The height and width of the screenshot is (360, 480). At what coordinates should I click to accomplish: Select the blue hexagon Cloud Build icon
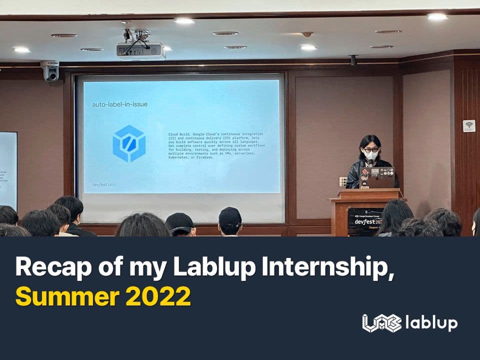click(x=129, y=143)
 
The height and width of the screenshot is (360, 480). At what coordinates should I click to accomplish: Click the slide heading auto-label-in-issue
click(x=119, y=104)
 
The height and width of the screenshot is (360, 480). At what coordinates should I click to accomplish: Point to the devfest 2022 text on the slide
click(x=103, y=184)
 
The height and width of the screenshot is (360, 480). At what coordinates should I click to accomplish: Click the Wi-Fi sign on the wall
click(x=469, y=125)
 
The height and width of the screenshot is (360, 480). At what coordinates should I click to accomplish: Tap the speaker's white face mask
click(x=370, y=155)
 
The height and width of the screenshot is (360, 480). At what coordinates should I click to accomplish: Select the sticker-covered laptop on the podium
click(x=376, y=177)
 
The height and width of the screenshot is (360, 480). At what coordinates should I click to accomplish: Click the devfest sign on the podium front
click(x=365, y=221)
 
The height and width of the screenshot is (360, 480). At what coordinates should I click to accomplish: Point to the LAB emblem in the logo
click(x=381, y=323)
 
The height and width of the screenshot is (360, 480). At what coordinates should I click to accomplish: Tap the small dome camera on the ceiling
click(x=307, y=34)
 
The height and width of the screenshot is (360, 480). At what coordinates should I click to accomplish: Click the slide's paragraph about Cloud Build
click(x=216, y=145)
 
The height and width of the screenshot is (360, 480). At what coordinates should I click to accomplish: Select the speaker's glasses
click(x=370, y=149)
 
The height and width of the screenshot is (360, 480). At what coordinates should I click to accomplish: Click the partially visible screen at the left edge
click(x=8, y=170)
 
